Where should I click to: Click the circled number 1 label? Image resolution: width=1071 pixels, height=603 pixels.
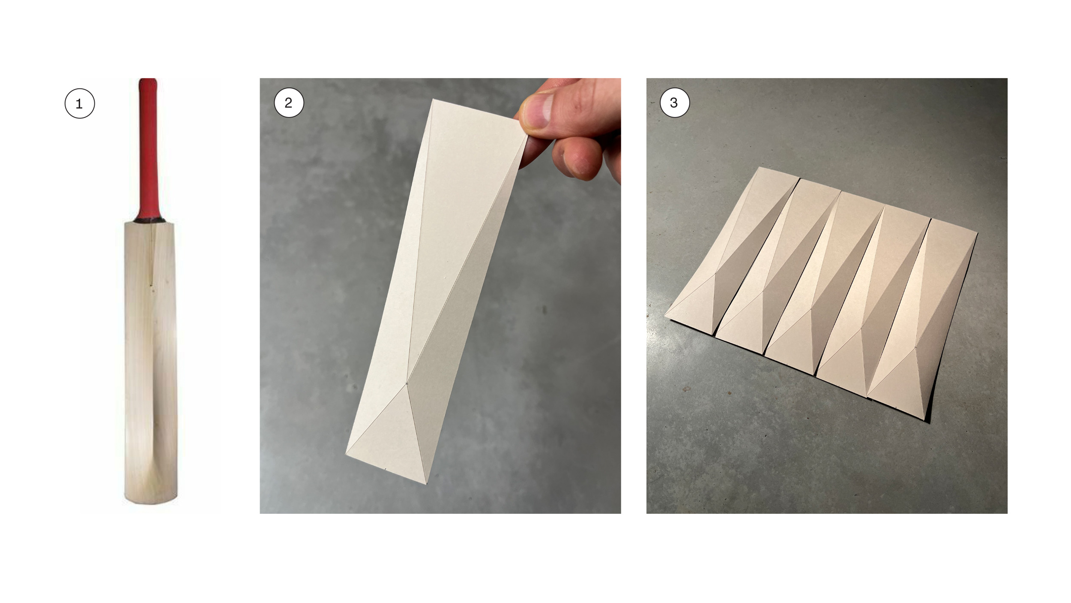(79, 103)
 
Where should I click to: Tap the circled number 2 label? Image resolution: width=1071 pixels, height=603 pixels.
(289, 103)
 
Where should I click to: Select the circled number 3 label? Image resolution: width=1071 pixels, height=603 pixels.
(675, 103)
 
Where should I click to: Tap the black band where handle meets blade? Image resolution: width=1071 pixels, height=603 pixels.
(150, 220)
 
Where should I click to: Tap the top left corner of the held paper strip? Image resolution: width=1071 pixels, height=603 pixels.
(434, 99)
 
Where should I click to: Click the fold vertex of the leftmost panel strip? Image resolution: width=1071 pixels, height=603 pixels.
(715, 273)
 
